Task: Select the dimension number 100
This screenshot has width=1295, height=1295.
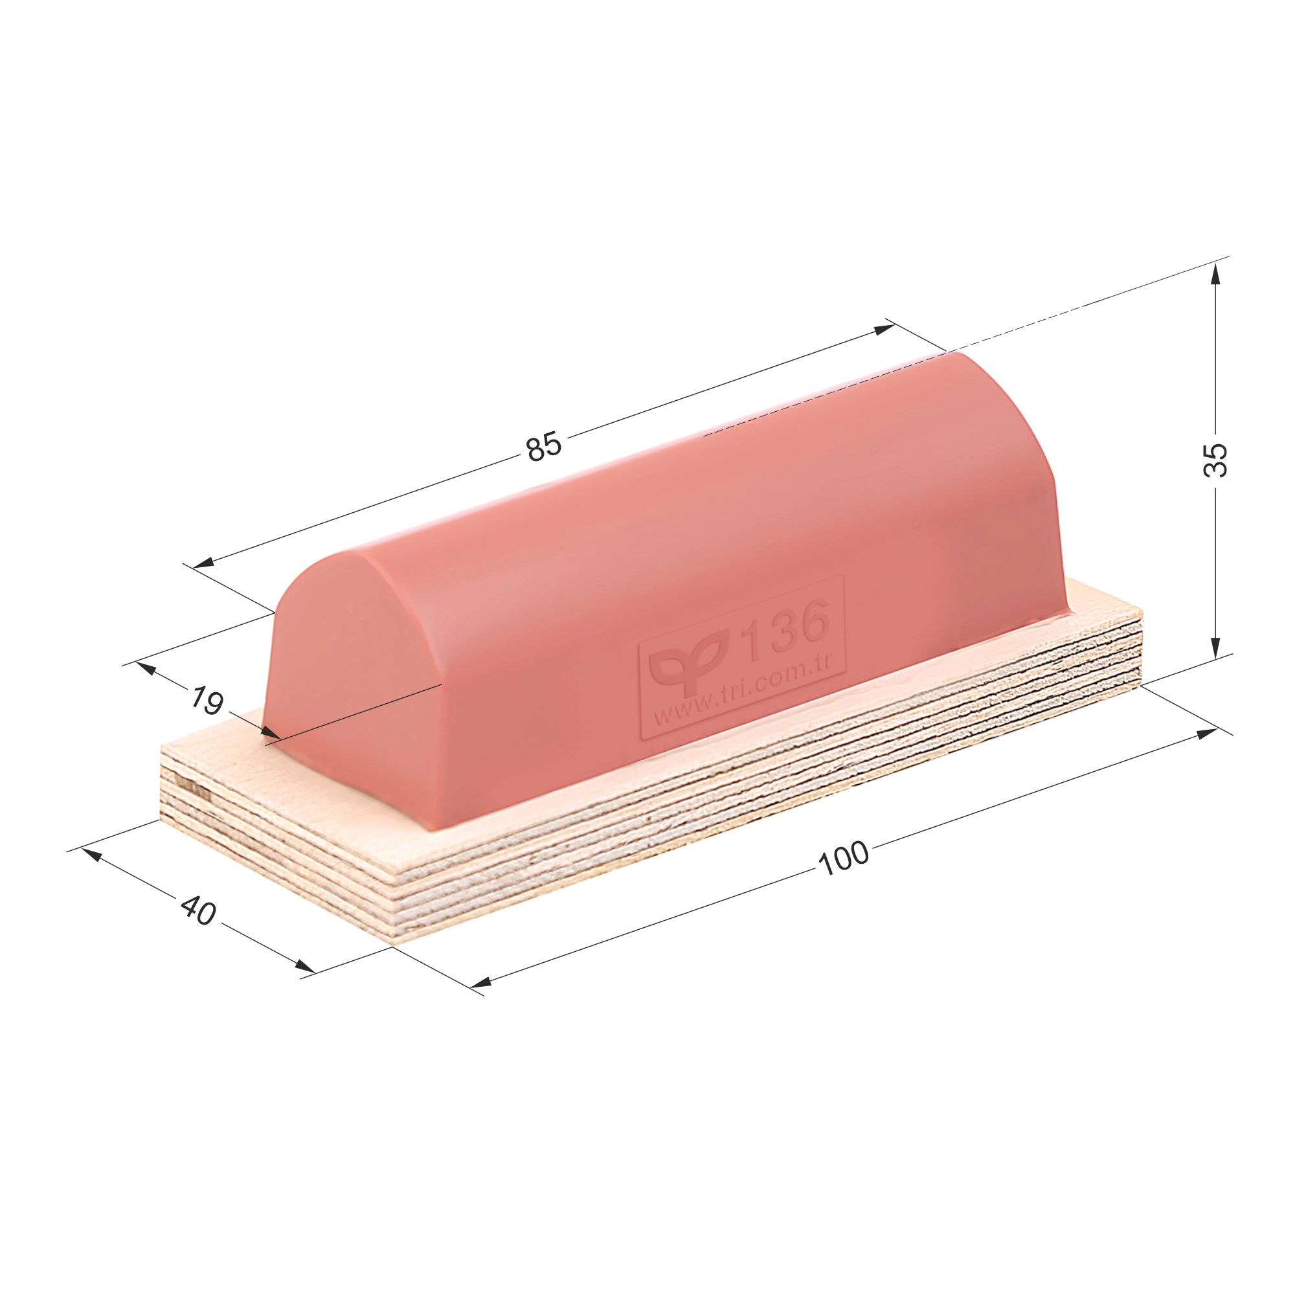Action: coord(844,858)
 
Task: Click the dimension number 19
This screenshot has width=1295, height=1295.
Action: coord(207,701)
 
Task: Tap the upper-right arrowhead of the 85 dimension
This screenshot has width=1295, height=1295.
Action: coord(884,328)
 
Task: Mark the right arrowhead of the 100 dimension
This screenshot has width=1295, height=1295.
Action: coord(1206,732)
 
